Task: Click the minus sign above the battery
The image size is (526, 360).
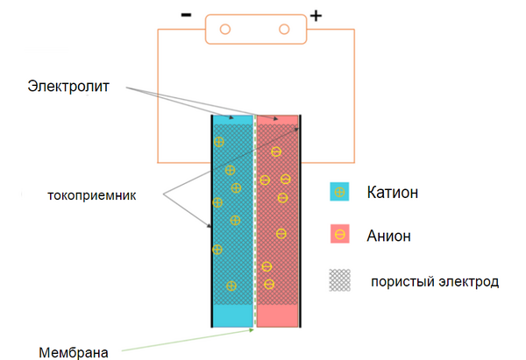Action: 186,15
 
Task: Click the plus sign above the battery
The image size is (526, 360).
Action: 316,15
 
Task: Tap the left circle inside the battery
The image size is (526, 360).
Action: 225,30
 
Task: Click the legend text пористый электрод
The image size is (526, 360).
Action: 435,281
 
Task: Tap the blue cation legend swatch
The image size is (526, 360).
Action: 339,192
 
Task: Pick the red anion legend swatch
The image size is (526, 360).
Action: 339,235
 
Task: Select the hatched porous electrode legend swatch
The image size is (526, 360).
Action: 339,280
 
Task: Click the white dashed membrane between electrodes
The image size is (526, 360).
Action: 254,219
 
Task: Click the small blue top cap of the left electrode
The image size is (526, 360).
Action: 232,117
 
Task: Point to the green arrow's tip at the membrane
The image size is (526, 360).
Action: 253,330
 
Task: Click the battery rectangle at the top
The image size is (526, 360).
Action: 255,30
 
